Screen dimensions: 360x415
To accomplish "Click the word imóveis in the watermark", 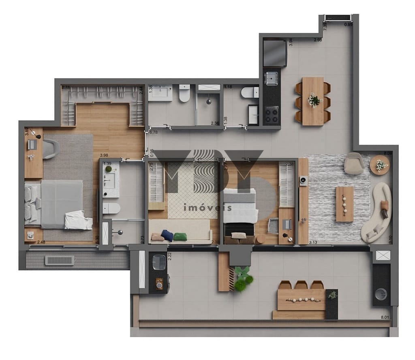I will coord(207,208).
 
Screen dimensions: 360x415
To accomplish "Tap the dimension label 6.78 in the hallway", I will coord(154,132).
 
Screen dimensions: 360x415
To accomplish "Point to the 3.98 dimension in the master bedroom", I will coord(104,155).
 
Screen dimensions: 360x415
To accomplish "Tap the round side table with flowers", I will coord(380,165).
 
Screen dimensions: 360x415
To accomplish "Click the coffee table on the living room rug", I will coord(344,204).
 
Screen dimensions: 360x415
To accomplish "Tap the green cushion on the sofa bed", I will coord(180,237).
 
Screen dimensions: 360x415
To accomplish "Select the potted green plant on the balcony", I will coord(243,280).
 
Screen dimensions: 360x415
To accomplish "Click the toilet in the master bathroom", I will coord(111,208).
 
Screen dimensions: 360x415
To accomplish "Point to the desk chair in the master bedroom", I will coord(50,149).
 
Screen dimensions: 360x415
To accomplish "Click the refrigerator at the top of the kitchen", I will coord(275,53).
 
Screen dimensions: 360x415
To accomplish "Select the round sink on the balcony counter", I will coord(381,294).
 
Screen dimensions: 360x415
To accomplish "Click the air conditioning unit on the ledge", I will coord(60,260).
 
